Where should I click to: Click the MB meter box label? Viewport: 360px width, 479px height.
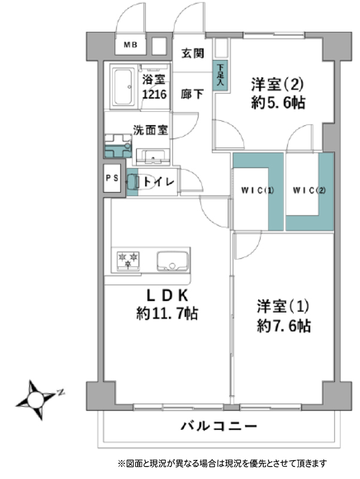[131, 45]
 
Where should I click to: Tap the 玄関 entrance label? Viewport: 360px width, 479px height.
[192, 53]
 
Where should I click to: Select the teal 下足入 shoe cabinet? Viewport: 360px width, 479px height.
[220, 75]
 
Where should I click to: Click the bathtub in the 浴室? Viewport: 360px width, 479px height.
[123, 86]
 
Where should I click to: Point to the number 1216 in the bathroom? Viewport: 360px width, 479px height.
[155, 95]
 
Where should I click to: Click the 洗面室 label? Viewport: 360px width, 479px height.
[150, 130]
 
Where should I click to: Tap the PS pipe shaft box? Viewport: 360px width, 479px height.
[112, 178]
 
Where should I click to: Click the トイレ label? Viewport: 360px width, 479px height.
[159, 182]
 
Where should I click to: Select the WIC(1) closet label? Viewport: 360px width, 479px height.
[258, 190]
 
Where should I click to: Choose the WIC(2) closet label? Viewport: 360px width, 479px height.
[309, 190]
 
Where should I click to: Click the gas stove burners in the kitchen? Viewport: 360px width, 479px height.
[128, 260]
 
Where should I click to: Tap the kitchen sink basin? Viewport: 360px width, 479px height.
[173, 261]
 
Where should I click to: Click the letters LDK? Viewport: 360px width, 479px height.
[167, 295]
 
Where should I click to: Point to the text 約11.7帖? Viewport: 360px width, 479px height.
[167, 314]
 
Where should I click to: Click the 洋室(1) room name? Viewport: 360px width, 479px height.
[283, 307]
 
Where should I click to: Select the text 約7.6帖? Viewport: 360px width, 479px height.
[284, 326]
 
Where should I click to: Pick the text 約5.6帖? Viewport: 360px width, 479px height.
[278, 102]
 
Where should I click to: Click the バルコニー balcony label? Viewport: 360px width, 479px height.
[219, 426]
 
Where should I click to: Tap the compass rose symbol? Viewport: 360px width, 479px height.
[36, 399]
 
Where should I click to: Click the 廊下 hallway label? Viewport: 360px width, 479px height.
[192, 94]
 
